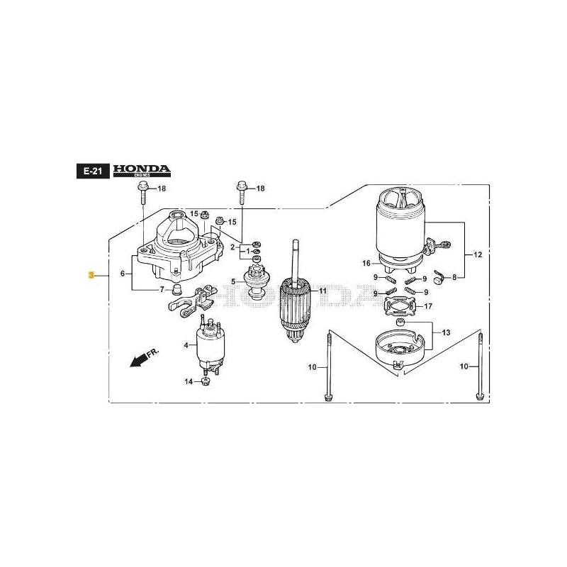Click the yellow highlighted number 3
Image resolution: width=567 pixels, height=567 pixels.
[x=91, y=274]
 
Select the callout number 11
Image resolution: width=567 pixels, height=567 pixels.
[x=323, y=291]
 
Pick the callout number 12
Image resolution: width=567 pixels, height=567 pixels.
[x=477, y=254]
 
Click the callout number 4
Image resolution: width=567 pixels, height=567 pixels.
[x=186, y=345]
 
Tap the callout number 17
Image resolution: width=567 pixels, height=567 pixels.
[x=427, y=307]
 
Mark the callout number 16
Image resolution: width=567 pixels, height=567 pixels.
[x=367, y=263]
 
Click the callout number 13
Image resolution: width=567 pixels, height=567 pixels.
[x=445, y=332]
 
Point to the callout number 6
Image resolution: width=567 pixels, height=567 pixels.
[x=123, y=274]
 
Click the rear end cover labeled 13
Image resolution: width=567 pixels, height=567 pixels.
[x=403, y=345]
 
